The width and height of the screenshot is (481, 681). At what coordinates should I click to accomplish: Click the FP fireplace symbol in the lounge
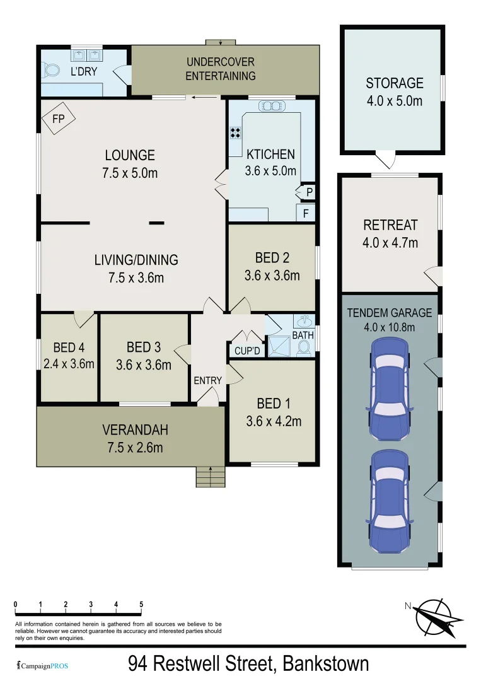(59, 118)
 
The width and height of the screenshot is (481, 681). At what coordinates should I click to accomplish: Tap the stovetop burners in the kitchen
(236, 132)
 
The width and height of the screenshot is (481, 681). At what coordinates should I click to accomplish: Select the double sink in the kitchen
(272, 106)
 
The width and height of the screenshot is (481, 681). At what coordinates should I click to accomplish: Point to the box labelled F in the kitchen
(306, 213)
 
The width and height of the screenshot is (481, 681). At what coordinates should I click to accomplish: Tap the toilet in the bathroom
(304, 347)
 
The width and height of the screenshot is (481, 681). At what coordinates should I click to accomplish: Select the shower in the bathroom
(278, 346)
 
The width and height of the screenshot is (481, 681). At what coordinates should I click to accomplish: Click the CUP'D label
(247, 350)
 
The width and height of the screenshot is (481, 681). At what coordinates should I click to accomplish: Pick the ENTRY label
(207, 380)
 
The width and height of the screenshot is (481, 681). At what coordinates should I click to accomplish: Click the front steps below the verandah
(209, 477)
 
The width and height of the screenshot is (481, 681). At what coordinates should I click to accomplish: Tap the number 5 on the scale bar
(141, 605)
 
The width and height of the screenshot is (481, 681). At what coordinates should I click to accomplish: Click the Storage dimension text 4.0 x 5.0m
(394, 100)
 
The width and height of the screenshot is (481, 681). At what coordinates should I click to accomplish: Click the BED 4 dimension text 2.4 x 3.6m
(69, 364)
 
